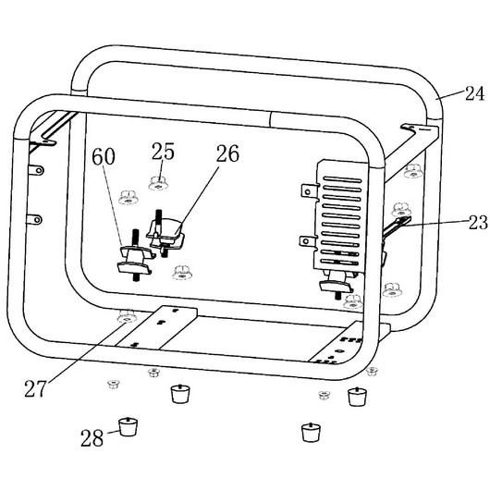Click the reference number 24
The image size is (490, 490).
474,93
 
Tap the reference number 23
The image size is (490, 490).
478,223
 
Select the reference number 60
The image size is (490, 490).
104,156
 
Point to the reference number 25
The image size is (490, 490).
163,152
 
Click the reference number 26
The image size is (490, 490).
227,153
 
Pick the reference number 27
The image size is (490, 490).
35,388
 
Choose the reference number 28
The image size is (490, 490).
92,437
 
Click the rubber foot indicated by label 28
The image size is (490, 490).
128,426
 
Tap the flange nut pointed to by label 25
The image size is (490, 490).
158,183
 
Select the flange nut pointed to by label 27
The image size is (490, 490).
127,317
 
